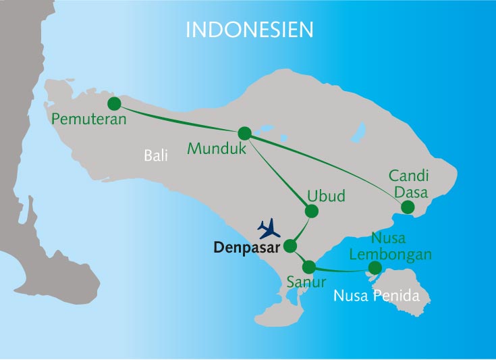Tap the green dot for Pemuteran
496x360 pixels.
coord(114,103)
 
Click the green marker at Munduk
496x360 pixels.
coord(244,133)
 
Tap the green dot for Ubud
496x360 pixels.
coord(311,211)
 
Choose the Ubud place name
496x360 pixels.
coord(326,196)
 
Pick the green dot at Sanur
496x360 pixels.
coord(310,266)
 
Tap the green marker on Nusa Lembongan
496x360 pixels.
coord(375,269)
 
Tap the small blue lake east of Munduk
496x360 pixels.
coord(265,128)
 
